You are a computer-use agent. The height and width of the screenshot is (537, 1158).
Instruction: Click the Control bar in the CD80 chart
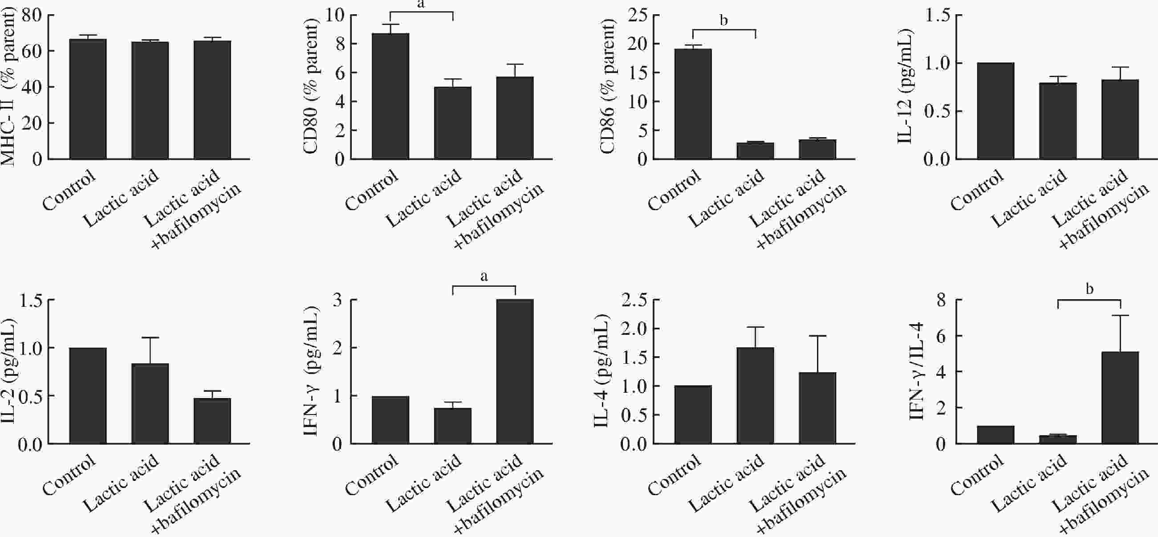[390, 96]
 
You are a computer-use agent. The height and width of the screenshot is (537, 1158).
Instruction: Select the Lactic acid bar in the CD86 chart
[755, 151]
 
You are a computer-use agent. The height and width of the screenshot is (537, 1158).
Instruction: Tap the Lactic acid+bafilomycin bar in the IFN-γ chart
[515, 371]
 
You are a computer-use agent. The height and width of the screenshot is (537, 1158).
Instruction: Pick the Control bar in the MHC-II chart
[88, 99]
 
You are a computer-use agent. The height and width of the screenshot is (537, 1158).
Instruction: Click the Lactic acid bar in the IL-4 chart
[755, 396]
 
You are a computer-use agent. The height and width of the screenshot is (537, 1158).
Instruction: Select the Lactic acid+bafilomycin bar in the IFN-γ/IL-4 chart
[1120, 398]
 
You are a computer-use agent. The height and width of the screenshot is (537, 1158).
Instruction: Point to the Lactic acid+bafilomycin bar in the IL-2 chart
[212, 421]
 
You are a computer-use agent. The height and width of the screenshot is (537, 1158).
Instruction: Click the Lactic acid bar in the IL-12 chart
[1058, 121]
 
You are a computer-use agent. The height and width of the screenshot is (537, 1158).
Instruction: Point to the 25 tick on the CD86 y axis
[637, 15]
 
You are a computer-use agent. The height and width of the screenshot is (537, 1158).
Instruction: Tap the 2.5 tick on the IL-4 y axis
[634, 300]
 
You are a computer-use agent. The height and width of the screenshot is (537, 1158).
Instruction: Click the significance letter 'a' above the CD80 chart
[421, 4]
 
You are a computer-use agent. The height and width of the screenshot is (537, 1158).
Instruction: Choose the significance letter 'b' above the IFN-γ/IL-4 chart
[1089, 289]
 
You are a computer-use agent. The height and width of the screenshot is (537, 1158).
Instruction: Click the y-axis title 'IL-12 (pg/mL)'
[905, 86]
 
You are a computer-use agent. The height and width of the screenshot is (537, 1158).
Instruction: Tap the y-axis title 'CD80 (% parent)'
[310, 86]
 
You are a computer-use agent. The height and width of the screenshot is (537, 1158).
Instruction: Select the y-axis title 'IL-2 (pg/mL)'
[8, 371]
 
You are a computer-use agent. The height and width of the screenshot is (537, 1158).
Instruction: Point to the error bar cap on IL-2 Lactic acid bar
[150, 338]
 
